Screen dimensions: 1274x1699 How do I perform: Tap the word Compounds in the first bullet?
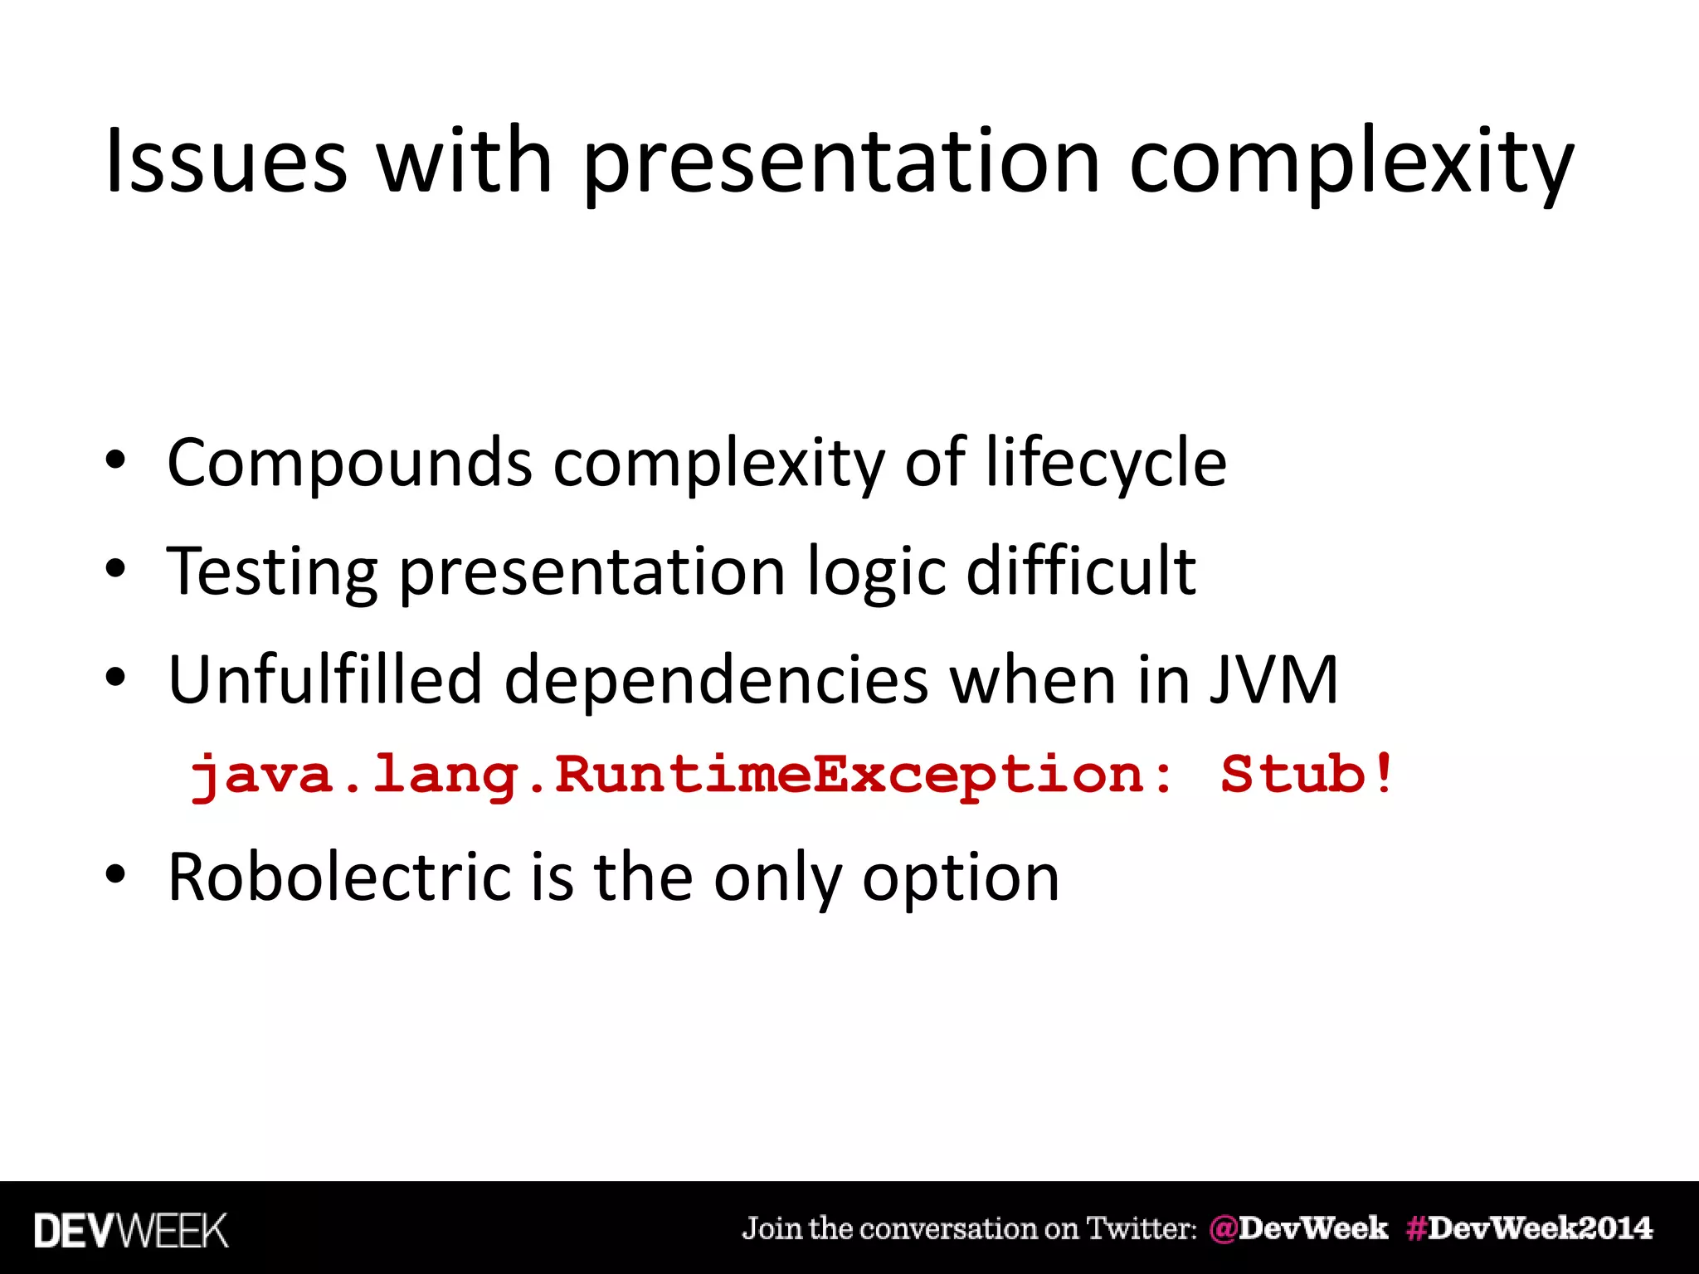tap(348, 463)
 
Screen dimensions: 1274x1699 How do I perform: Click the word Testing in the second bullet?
tap(272, 572)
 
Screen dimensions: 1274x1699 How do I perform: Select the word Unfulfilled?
tap(324, 680)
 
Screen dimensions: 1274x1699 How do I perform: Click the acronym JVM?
tap(1273, 680)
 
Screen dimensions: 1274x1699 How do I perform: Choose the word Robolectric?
tap(339, 877)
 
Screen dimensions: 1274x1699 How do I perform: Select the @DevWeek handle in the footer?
tap(1298, 1228)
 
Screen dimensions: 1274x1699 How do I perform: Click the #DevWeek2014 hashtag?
tap(1529, 1228)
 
